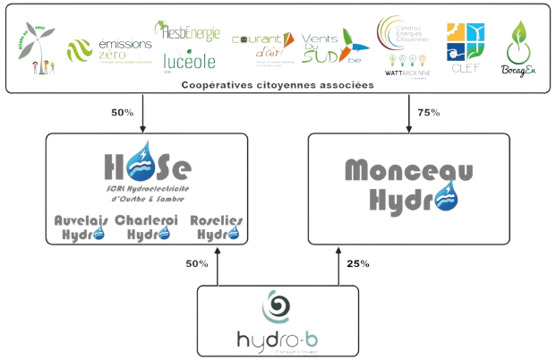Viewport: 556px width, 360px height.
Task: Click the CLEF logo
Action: (x=465, y=45)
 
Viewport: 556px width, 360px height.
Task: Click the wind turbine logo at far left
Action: (x=35, y=47)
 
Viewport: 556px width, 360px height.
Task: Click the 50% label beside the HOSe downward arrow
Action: (x=122, y=112)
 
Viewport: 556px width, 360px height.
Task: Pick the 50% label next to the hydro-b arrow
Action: (x=195, y=265)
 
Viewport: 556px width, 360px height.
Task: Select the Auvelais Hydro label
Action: (x=82, y=227)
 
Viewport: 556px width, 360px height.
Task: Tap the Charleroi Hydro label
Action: (x=149, y=227)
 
